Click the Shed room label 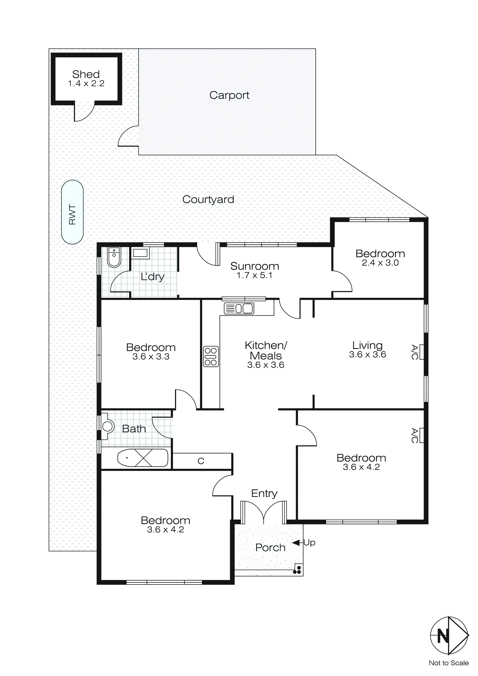(86, 74)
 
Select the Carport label (229, 95)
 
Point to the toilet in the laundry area (114, 257)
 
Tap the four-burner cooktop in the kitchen (211, 356)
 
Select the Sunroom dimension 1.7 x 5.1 (254, 275)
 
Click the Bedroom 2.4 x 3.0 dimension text (380, 263)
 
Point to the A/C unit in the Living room (421, 352)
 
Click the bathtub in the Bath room (143, 458)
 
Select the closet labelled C (201, 461)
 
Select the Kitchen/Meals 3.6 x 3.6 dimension (266, 365)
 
